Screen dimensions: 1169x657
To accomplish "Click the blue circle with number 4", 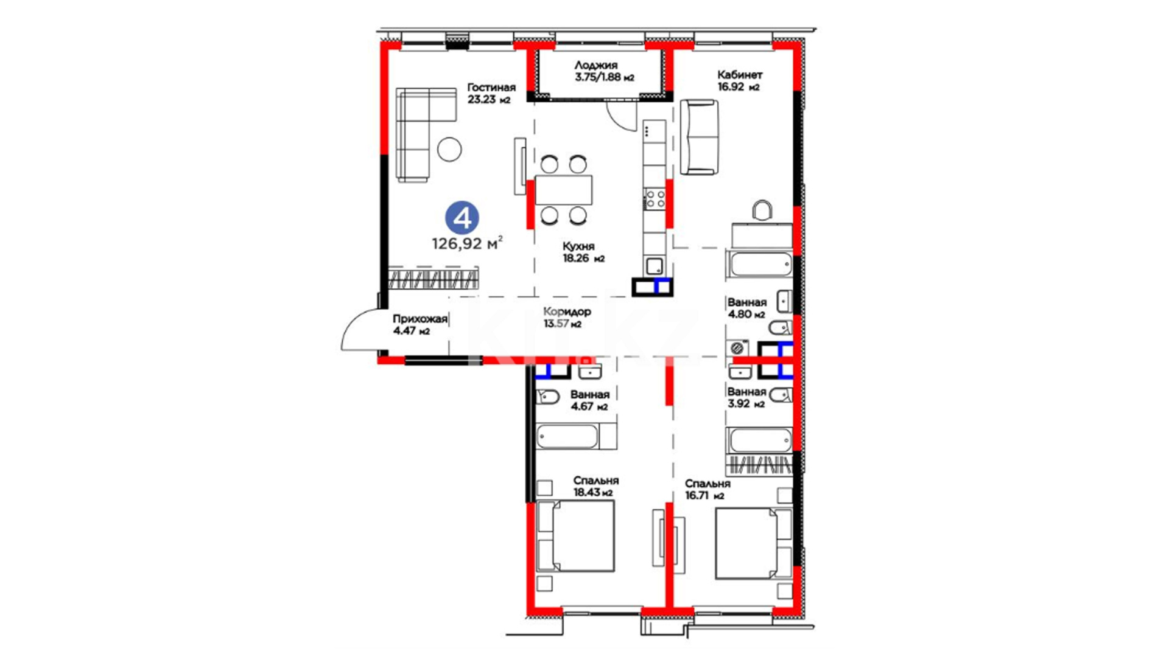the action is point(462,217).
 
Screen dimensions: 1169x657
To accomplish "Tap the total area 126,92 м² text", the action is point(467,243).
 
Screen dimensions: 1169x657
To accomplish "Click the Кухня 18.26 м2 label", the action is point(583,252).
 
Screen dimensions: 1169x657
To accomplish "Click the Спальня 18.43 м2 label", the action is point(595,486).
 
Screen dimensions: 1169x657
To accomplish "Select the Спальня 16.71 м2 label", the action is point(707,489).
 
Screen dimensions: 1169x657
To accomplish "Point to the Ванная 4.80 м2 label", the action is point(746,308).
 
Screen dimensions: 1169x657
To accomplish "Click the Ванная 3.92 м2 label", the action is point(746,397).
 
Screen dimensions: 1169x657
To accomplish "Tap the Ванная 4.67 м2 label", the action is point(589,400).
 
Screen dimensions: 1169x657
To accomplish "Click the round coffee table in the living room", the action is point(449,149).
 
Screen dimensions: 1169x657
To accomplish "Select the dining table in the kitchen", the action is point(563,190).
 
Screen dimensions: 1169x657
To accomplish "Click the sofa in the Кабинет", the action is point(699,137).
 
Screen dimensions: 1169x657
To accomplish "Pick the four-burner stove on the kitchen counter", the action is point(655,199).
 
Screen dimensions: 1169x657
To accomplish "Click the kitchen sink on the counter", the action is point(655,266).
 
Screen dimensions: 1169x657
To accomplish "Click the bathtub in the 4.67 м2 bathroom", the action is point(567,436).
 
